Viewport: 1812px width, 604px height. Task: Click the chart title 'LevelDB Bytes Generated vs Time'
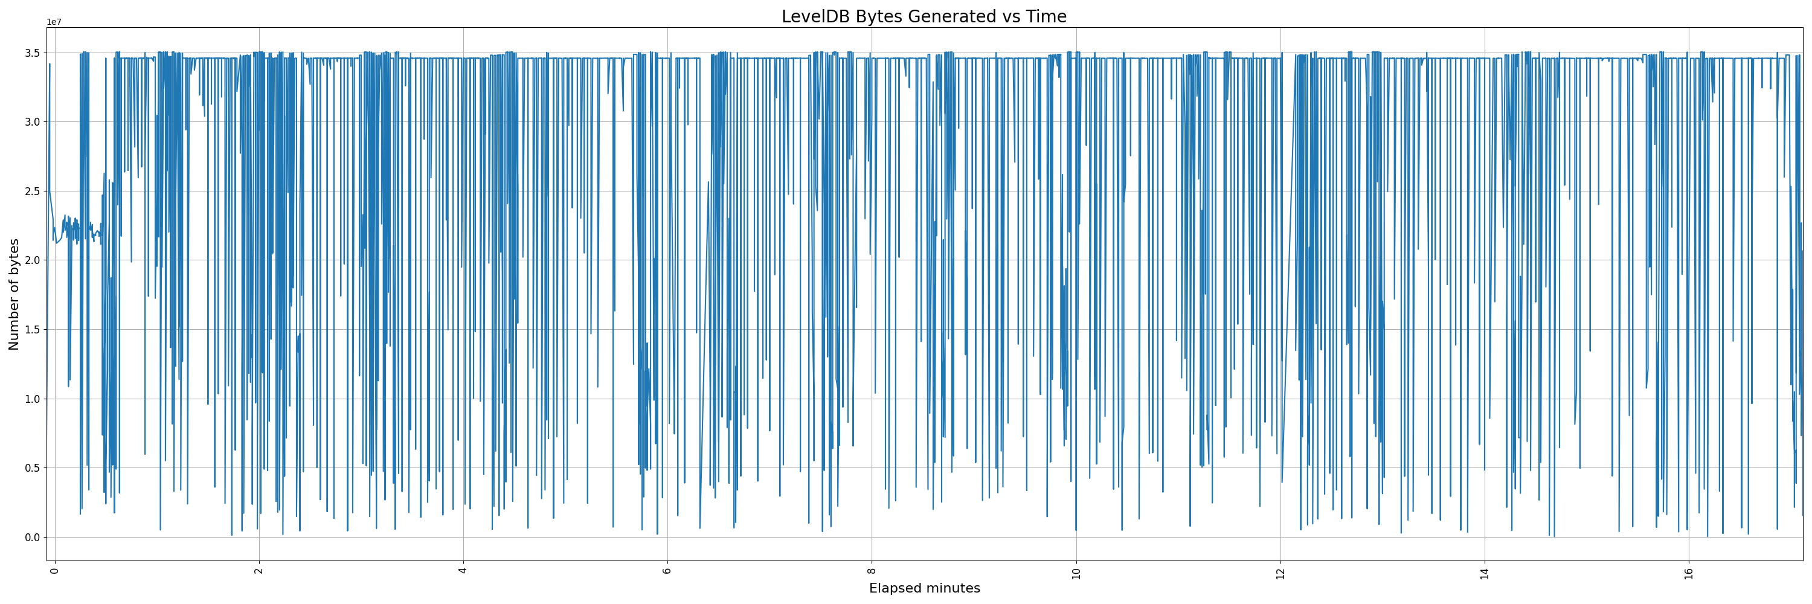pos(924,16)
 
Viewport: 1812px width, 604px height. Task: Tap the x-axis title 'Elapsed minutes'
pos(924,588)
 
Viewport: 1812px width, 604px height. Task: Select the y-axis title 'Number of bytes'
pos(14,294)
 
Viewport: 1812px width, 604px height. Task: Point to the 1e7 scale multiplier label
pos(54,22)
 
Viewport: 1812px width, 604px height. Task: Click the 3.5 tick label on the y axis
pos(33,53)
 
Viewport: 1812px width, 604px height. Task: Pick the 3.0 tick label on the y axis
pos(33,121)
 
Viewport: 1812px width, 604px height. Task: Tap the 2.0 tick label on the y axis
pos(33,260)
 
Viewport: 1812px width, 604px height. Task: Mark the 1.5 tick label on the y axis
pos(33,330)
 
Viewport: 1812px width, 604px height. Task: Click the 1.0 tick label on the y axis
pos(33,399)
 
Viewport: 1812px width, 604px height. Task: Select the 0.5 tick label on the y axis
pos(33,468)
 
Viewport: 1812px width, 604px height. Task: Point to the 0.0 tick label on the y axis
pos(33,537)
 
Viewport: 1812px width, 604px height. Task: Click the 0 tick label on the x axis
pos(54,570)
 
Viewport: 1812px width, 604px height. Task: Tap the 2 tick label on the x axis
pos(259,570)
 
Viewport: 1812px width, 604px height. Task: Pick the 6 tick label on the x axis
pos(667,570)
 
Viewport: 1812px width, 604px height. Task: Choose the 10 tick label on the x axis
pos(1076,573)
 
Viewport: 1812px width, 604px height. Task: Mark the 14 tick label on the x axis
pos(1484,573)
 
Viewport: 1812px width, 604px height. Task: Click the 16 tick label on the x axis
pos(1688,573)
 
